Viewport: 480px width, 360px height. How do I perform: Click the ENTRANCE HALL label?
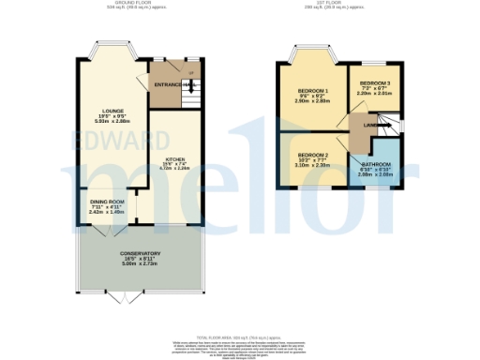click(x=174, y=84)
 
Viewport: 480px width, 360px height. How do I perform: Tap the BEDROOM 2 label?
click(x=312, y=155)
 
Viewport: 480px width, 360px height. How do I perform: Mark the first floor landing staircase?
click(x=392, y=124)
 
